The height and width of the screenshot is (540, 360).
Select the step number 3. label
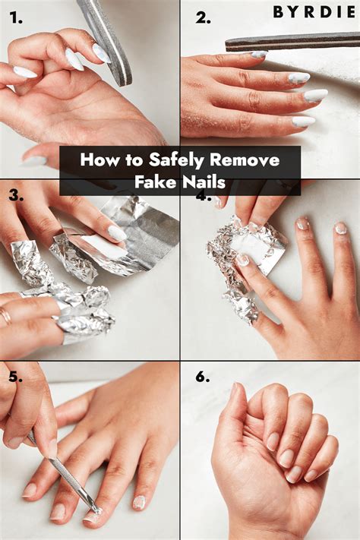point(17,196)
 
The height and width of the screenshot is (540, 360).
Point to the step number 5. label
point(17,377)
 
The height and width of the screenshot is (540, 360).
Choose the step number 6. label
point(203,377)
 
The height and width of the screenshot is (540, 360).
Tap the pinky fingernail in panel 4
point(341,228)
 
